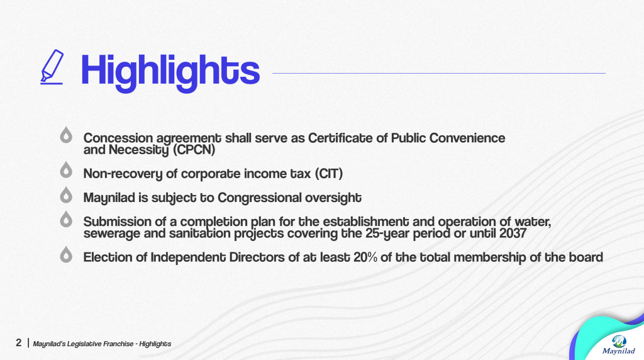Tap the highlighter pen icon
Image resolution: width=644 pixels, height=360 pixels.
(52, 67)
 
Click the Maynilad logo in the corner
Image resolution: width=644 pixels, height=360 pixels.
(619, 344)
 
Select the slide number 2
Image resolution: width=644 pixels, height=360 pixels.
(18, 343)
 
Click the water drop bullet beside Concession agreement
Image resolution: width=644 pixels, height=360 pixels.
(66, 135)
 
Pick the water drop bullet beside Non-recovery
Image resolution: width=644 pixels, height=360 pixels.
(66, 170)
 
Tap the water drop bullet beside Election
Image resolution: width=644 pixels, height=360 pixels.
(66, 254)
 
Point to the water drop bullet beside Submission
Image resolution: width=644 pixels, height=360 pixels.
(66, 219)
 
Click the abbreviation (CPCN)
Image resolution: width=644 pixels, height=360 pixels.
(194, 150)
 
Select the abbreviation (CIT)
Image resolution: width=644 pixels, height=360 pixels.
(328, 174)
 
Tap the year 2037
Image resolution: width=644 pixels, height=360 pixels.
(513, 233)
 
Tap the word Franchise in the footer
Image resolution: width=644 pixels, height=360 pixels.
(118, 344)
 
